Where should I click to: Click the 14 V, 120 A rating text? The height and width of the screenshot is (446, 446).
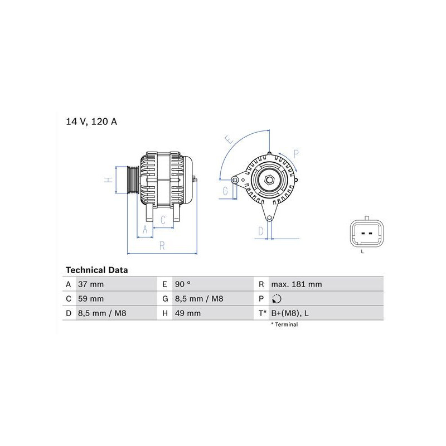(x=91, y=122)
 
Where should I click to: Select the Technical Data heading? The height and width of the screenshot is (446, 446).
(x=96, y=270)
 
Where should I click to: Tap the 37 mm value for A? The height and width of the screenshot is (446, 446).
(x=91, y=284)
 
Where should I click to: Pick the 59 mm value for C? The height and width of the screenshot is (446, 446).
(x=91, y=299)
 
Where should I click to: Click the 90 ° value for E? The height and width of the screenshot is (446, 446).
(x=183, y=284)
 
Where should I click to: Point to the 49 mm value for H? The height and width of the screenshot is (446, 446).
(x=188, y=313)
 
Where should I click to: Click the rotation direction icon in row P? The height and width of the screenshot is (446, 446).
(x=277, y=299)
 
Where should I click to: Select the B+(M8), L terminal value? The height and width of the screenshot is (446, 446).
(x=290, y=313)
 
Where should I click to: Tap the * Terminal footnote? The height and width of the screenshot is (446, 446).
(x=284, y=324)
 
